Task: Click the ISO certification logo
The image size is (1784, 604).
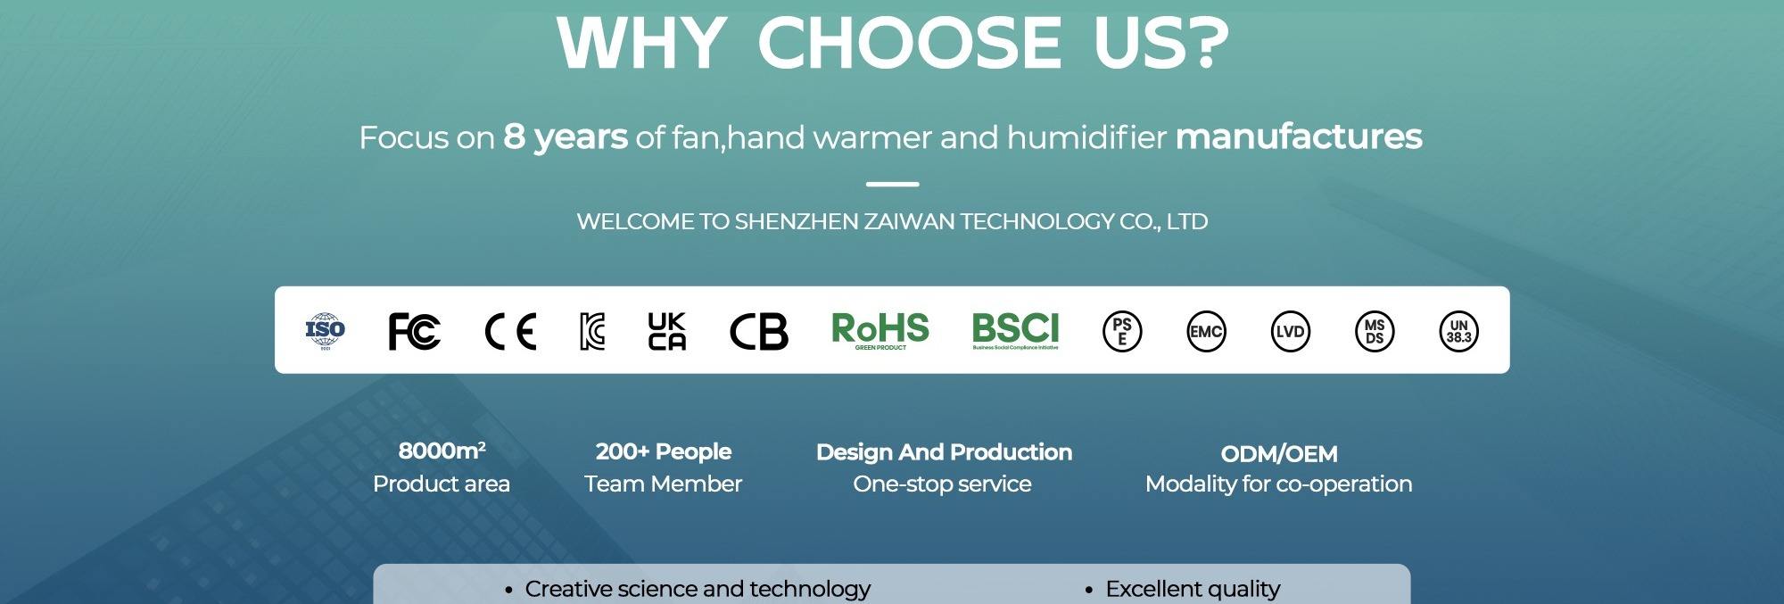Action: (x=325, y=331)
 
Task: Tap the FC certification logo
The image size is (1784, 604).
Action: (x=414, y=331)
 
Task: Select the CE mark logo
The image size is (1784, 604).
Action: (x=510, y=332)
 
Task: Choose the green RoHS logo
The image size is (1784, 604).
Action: (x=880, y=330)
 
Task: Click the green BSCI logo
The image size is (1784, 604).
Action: (x=1015, y=330)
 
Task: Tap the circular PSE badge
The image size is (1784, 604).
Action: (x=1122, y=332)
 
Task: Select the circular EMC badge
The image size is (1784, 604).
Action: (x=1206, y=332)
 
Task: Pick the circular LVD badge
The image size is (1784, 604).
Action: (x=1290, y=332)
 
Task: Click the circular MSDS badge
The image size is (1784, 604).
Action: (x=1375, y=332)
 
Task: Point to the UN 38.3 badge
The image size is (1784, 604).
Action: (x=1458, y=332)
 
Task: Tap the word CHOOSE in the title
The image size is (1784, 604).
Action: (x=909, y=43)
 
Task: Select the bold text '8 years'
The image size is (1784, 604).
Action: (x=566, y=137)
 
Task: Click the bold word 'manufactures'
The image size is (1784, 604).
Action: (x=1299, y=137)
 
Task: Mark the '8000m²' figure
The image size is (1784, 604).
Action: (x=442, y=451)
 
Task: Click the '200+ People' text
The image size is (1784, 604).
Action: (x=664, y=452)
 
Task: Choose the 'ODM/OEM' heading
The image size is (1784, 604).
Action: (x=1279, y=454)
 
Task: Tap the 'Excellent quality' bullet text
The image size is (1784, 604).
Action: (x=1193, y=589)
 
